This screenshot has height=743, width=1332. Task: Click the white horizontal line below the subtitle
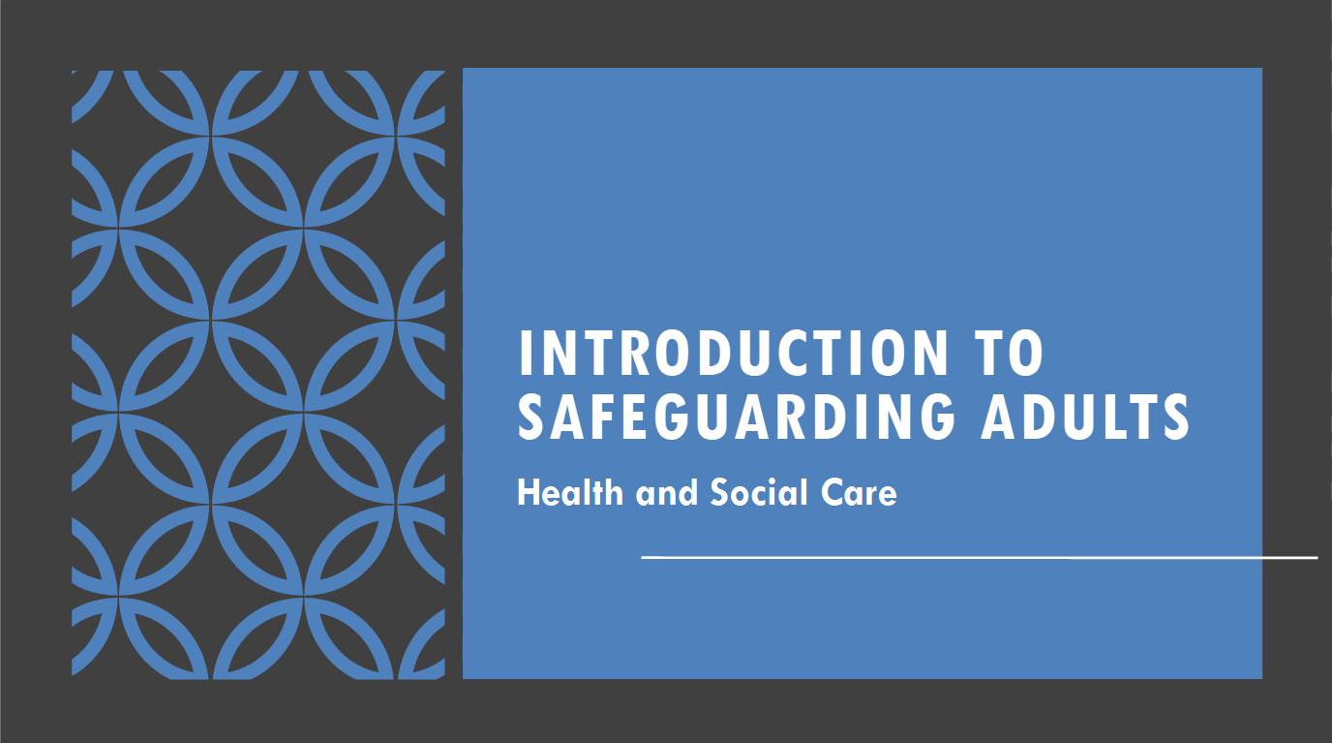click(978, 557)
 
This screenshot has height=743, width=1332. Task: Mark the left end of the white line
click(644, 557)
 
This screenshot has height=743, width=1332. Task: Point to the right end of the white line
click(1316, 557)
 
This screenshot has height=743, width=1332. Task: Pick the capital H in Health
click(528, 493)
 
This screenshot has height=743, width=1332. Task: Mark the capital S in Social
click(720, 493)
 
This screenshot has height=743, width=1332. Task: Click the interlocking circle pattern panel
click(258, 374)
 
